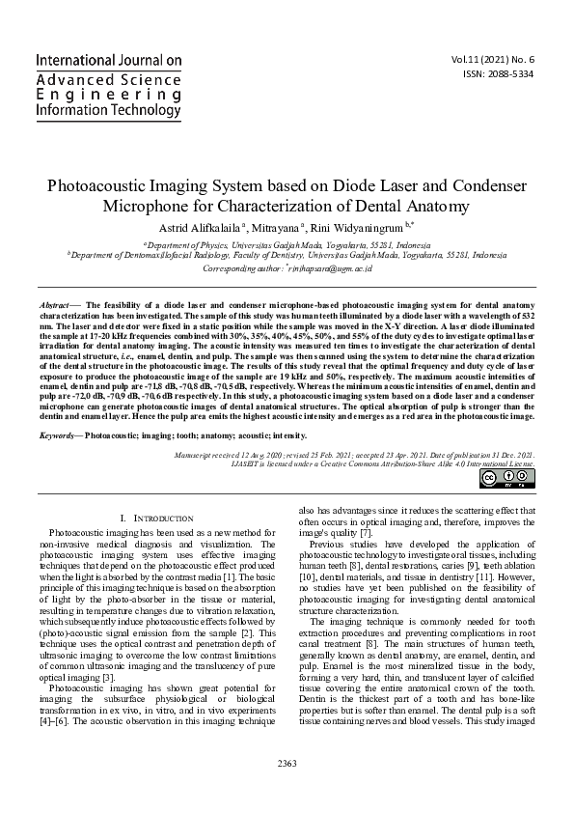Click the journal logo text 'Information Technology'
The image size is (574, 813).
pyautogui.click(x=108, y=110)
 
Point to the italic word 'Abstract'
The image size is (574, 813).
pyautogui.click(x=54, y=304)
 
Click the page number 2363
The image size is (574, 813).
pyautogui.click(x=287, y=791)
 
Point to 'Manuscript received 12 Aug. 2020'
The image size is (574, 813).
pyautogui.click(x=230, y=453)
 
